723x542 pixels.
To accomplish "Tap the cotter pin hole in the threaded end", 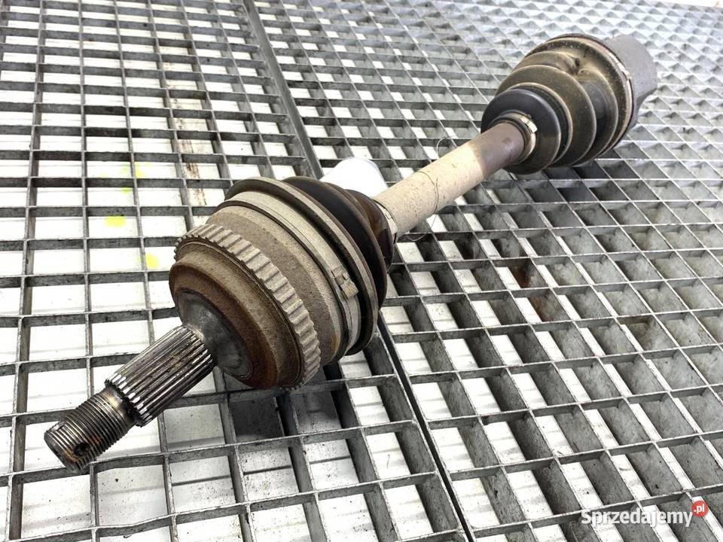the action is coord(83,449).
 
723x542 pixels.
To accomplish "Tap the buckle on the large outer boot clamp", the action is coord(346,281).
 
